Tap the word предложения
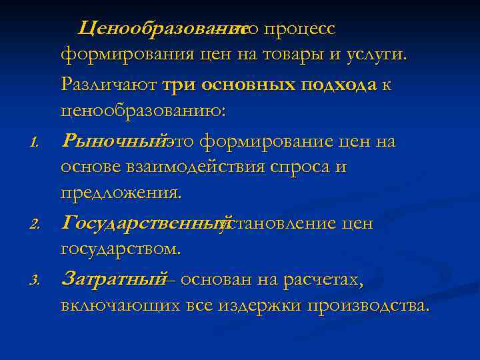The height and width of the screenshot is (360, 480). click(121, 193)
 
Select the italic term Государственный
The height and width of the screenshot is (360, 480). click(144, 223)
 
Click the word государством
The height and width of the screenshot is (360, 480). click(120, 249)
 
